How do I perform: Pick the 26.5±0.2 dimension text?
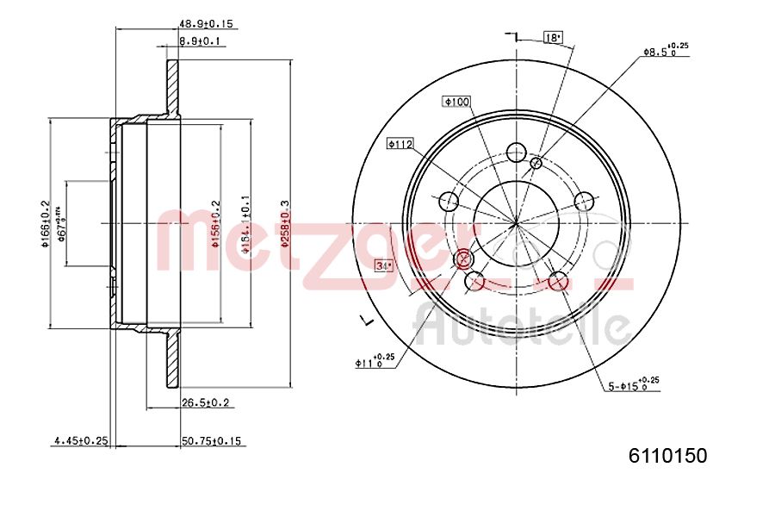pyautogui.click(x=204, y=402)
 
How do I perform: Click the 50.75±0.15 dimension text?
pyautogui.click(x=213, y=440)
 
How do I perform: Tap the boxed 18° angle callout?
pyautogui.click(x=553, y=37)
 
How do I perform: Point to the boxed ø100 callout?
pyautogui.click(x=456, y=102)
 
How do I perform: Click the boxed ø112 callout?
pyautogui.click(x=400, y=144)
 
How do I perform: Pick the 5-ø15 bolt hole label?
pyautogui.click(x=632, y=384)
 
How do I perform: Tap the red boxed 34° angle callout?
pyautogui.click(x=383, y=266)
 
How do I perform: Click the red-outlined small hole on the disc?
pyautogui.click(x=463, y=258)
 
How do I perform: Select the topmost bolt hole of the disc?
pyautogui.click(x=516, y=152)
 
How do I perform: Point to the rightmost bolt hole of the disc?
pyautogui.click(x=585, y=202)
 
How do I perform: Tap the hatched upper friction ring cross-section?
pyautogui.click(x=173, y=86)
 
